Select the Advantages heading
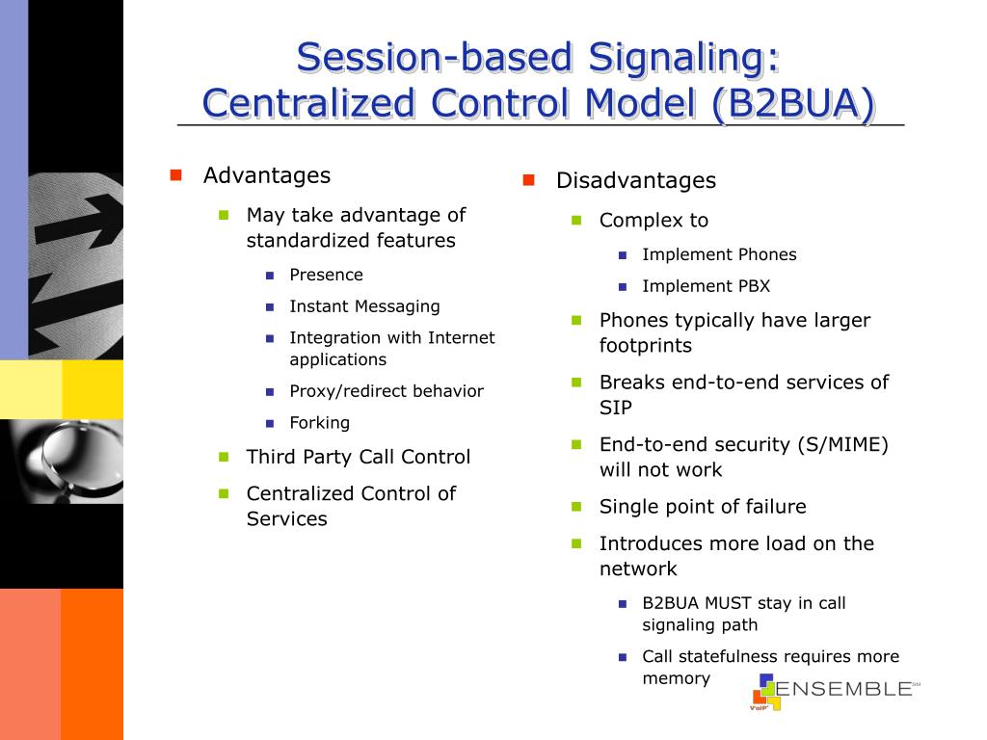click(267, 175)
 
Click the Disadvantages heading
click(636, 180)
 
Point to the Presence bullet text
click(327, 275)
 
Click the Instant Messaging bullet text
click(364, 306)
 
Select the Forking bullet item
click(320, 422)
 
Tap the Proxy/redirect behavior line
click(387, 391)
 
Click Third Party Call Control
click(359, 457)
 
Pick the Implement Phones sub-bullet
click(719, 254)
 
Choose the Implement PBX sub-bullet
click(706, 286)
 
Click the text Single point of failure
click(703, 507)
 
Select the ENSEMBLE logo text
click(843, 688)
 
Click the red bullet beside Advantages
click(175, 175)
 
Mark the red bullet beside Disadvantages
click(528, 180)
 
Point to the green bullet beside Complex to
click(577, 220)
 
